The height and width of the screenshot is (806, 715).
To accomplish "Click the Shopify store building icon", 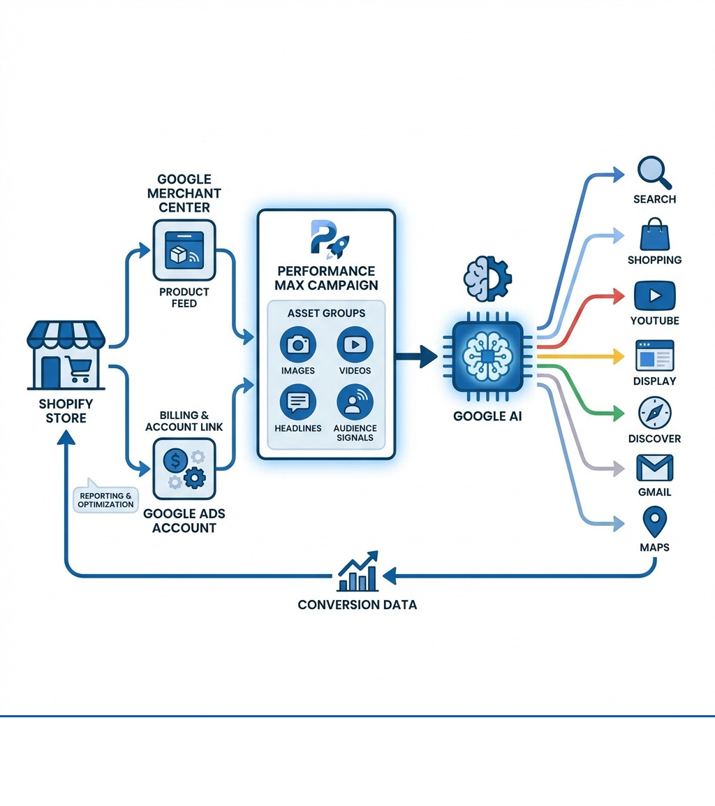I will click(66, 356).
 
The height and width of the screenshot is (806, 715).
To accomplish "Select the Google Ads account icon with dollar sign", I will click(184, 468).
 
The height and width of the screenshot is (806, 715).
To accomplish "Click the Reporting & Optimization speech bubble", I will click(105, 499).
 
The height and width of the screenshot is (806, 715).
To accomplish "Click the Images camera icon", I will click(298, 344).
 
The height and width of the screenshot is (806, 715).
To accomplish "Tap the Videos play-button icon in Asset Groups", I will click(355, 344).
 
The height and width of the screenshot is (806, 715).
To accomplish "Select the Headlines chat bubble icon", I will click(298, 402).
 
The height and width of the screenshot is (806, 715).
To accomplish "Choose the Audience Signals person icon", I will click(355, 402).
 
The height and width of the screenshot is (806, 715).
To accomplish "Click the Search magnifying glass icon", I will click(654, 172).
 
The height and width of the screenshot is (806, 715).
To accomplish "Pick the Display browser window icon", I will click(654, 356).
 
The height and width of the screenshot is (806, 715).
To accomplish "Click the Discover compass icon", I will click(654, 413).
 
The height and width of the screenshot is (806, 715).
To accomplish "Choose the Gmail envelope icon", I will click(654, 468).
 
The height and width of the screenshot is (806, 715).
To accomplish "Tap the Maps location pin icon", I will click(654, 522).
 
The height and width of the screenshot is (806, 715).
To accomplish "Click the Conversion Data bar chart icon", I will click(357, 574).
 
